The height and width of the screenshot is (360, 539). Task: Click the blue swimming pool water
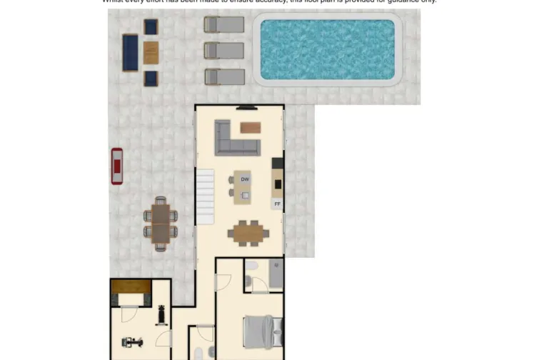327,49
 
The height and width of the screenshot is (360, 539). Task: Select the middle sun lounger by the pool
224,51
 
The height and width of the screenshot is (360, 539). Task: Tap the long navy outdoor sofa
130,52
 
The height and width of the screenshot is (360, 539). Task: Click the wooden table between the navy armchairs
151,52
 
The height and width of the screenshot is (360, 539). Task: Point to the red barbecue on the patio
116,166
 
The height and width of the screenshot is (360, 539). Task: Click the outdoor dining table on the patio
161,223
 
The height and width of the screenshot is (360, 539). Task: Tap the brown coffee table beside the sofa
250,128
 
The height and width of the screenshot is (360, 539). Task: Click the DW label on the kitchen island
245,179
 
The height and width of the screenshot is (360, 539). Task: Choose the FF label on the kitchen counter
277,204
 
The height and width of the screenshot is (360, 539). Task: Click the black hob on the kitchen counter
278,184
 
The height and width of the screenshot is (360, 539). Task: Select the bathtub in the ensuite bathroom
276,274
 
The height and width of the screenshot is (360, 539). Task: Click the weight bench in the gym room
161,314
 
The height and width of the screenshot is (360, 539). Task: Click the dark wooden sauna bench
131,287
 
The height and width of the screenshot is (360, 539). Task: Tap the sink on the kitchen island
246,195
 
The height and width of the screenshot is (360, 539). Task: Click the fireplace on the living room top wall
246,108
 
